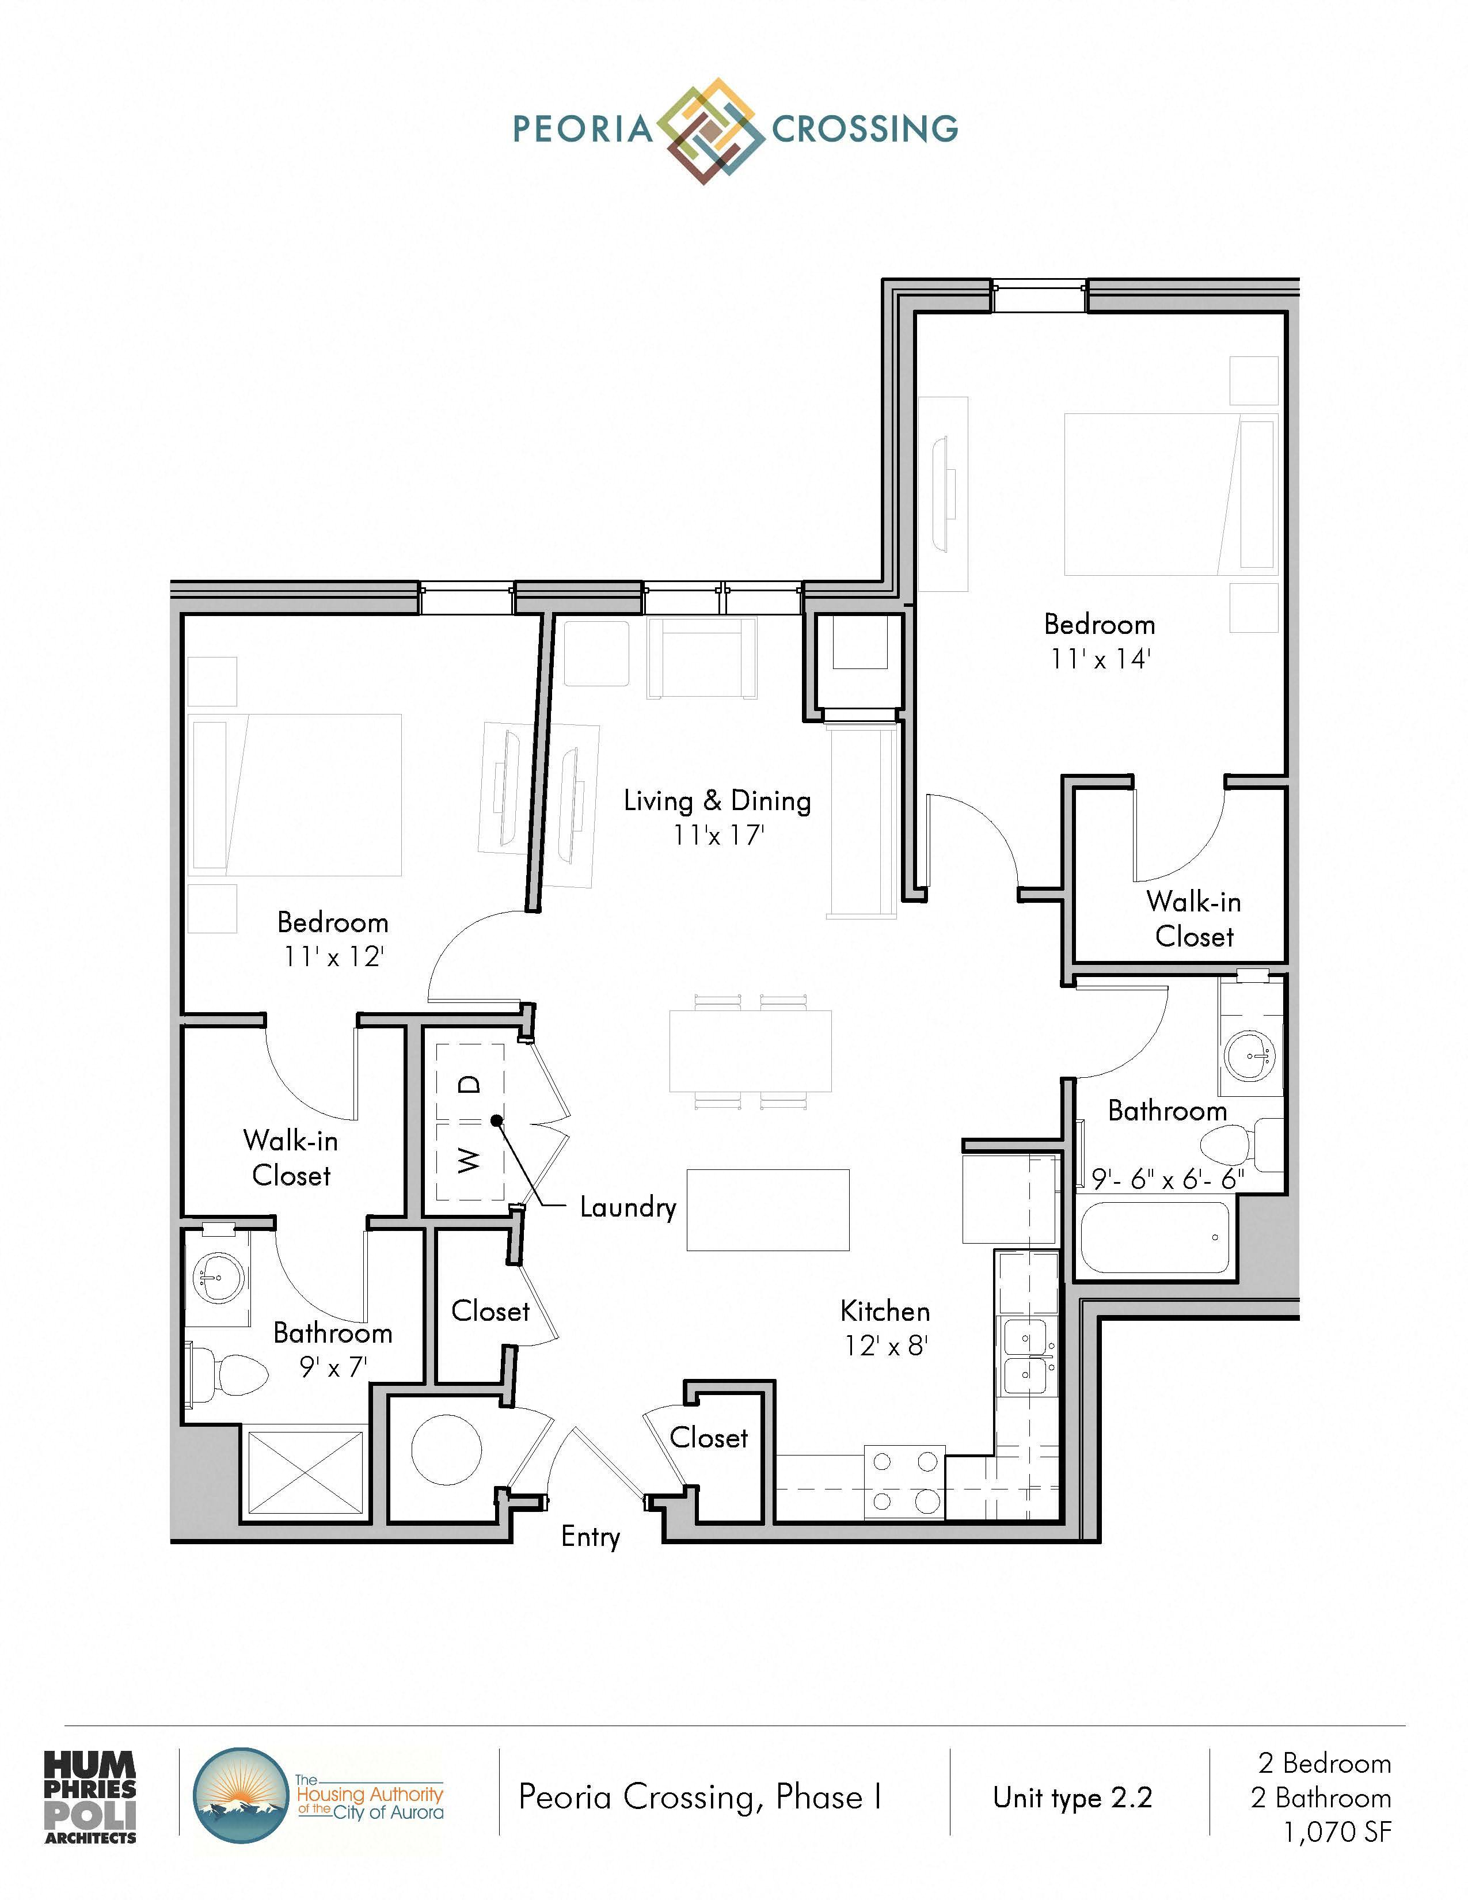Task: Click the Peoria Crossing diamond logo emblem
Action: point(705,131)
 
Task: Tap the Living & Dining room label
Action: point(717,800)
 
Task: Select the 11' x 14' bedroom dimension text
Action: point(1100,659)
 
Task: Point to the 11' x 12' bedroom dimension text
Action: point(333,956)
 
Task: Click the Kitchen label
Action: point(885,1310)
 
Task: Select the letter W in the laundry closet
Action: point(468,1159)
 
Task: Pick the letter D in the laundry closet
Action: point(469,1084)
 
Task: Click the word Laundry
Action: point(628,1207)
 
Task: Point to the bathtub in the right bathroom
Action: point(1155,1237)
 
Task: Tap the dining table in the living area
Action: point(750,1051)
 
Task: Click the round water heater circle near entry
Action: point(446,1449)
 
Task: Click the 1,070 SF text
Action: point(1337,1831)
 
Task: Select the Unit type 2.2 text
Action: point(1073,1798)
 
